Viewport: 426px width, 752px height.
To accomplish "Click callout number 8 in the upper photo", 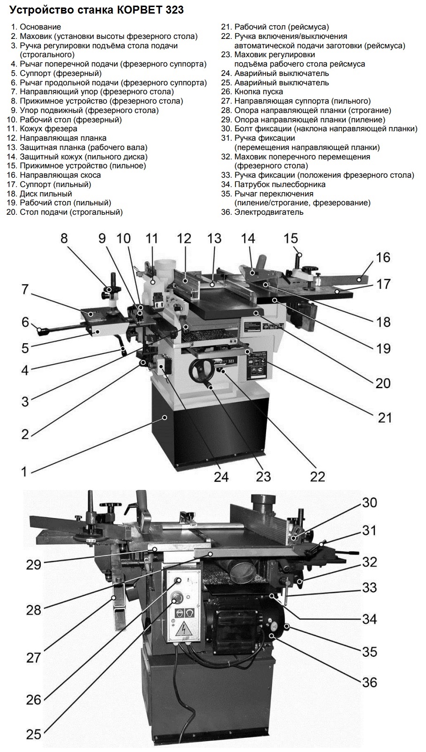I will (x=64, y=238).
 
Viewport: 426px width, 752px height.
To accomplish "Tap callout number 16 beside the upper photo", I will (x=383, y=257).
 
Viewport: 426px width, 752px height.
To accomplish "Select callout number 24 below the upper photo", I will (x=221, y=476).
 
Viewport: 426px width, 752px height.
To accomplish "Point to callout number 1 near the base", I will (x=24, y=471).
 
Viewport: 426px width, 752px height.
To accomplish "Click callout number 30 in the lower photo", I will (x=369, y=503).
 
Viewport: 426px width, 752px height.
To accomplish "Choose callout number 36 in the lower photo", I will (x=369, y=682).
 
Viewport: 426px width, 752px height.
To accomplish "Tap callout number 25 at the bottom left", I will (x=33, y=733).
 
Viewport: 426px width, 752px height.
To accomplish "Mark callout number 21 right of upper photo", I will (x=385, y=417).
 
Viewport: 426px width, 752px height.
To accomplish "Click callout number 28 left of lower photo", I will (x=33, y=609).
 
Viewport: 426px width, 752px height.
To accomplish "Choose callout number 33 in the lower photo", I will (x=369, y=587).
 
